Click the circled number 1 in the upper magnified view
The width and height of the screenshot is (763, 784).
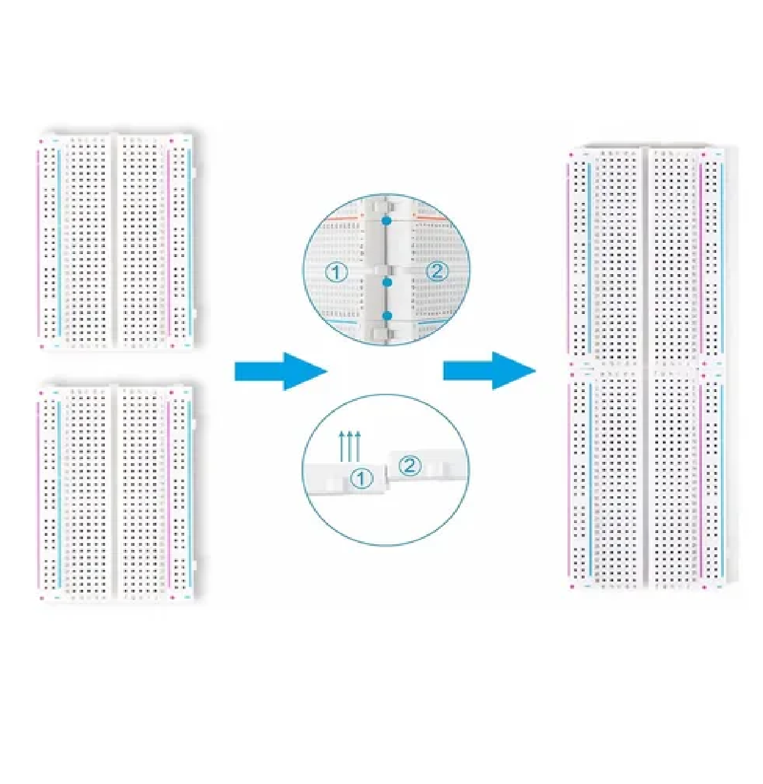coord(335,273)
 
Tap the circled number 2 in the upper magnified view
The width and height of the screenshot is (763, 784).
coord(437,272)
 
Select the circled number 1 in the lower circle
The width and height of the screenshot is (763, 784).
coord(361,478)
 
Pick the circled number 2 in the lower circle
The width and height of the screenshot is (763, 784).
coord(409,466)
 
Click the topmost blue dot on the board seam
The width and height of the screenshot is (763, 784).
coord(386,221)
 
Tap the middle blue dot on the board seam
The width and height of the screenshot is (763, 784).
coord(387,282)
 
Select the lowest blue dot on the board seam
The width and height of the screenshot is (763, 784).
coord(387,315)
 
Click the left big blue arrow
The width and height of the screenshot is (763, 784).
coord(281,371)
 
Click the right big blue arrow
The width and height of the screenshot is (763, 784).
coord(489,371)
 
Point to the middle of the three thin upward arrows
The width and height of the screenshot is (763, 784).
coord(350,446)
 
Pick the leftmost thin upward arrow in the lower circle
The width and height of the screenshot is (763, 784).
coord(342,446)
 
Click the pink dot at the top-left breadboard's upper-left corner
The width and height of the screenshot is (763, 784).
coord(41,141)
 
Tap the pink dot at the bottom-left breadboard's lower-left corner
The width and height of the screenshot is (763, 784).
coord(41,598)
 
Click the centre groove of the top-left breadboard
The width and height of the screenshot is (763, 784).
coord(114,241)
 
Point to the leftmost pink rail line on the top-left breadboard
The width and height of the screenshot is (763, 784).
coord(39,243)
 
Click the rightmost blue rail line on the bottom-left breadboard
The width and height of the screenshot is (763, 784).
coord(189,494)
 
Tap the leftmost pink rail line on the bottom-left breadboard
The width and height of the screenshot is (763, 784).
coord(39,494)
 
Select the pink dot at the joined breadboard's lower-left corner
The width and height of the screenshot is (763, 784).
coord(572,587)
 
